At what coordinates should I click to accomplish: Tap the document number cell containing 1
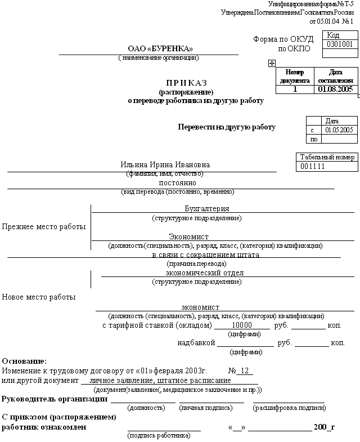(295, 89)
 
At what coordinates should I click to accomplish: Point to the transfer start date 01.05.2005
(339, 130)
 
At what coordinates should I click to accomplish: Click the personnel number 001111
(313, 167)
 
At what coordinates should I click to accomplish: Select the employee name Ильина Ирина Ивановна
(165, 165)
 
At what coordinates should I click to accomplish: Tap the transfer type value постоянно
(177, 183)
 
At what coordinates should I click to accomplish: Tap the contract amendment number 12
(244, 371)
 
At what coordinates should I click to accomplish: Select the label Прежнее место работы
(44, 227)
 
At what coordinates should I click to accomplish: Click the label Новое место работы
(39, 297)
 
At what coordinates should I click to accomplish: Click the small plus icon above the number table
(272, 64)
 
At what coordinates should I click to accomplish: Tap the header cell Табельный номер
(327, 157)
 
